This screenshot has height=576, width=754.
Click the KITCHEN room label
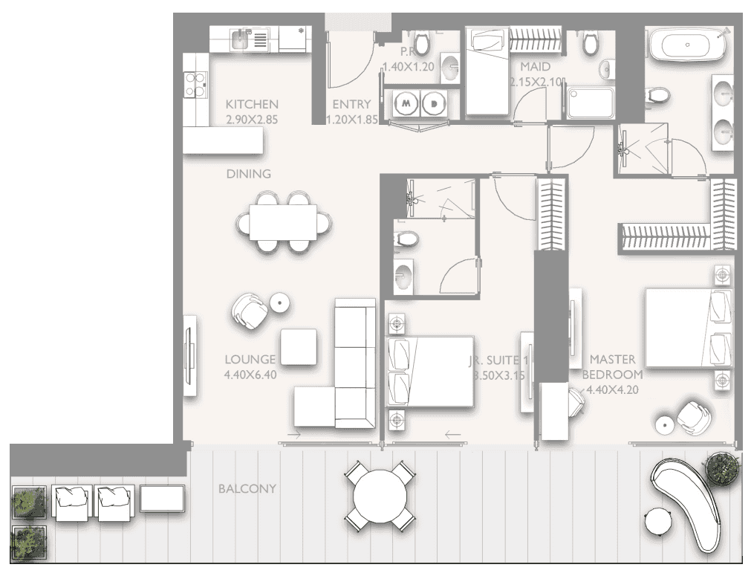(252, 105)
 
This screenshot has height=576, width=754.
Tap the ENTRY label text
(346, 105)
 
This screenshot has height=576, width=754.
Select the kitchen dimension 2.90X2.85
(252, 118)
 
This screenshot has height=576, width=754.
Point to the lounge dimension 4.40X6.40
(250, 375)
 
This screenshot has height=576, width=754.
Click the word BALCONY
(247, 489)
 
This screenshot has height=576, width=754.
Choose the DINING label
(249, 174)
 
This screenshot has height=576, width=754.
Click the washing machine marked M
(406, 105)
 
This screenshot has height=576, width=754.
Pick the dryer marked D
(432, 105)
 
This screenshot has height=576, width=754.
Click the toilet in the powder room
(421, 45)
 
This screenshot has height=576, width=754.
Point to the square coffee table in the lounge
(299, 346)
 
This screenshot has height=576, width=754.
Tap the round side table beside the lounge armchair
(279, 302)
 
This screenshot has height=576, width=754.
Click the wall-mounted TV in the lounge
(190, 355)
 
